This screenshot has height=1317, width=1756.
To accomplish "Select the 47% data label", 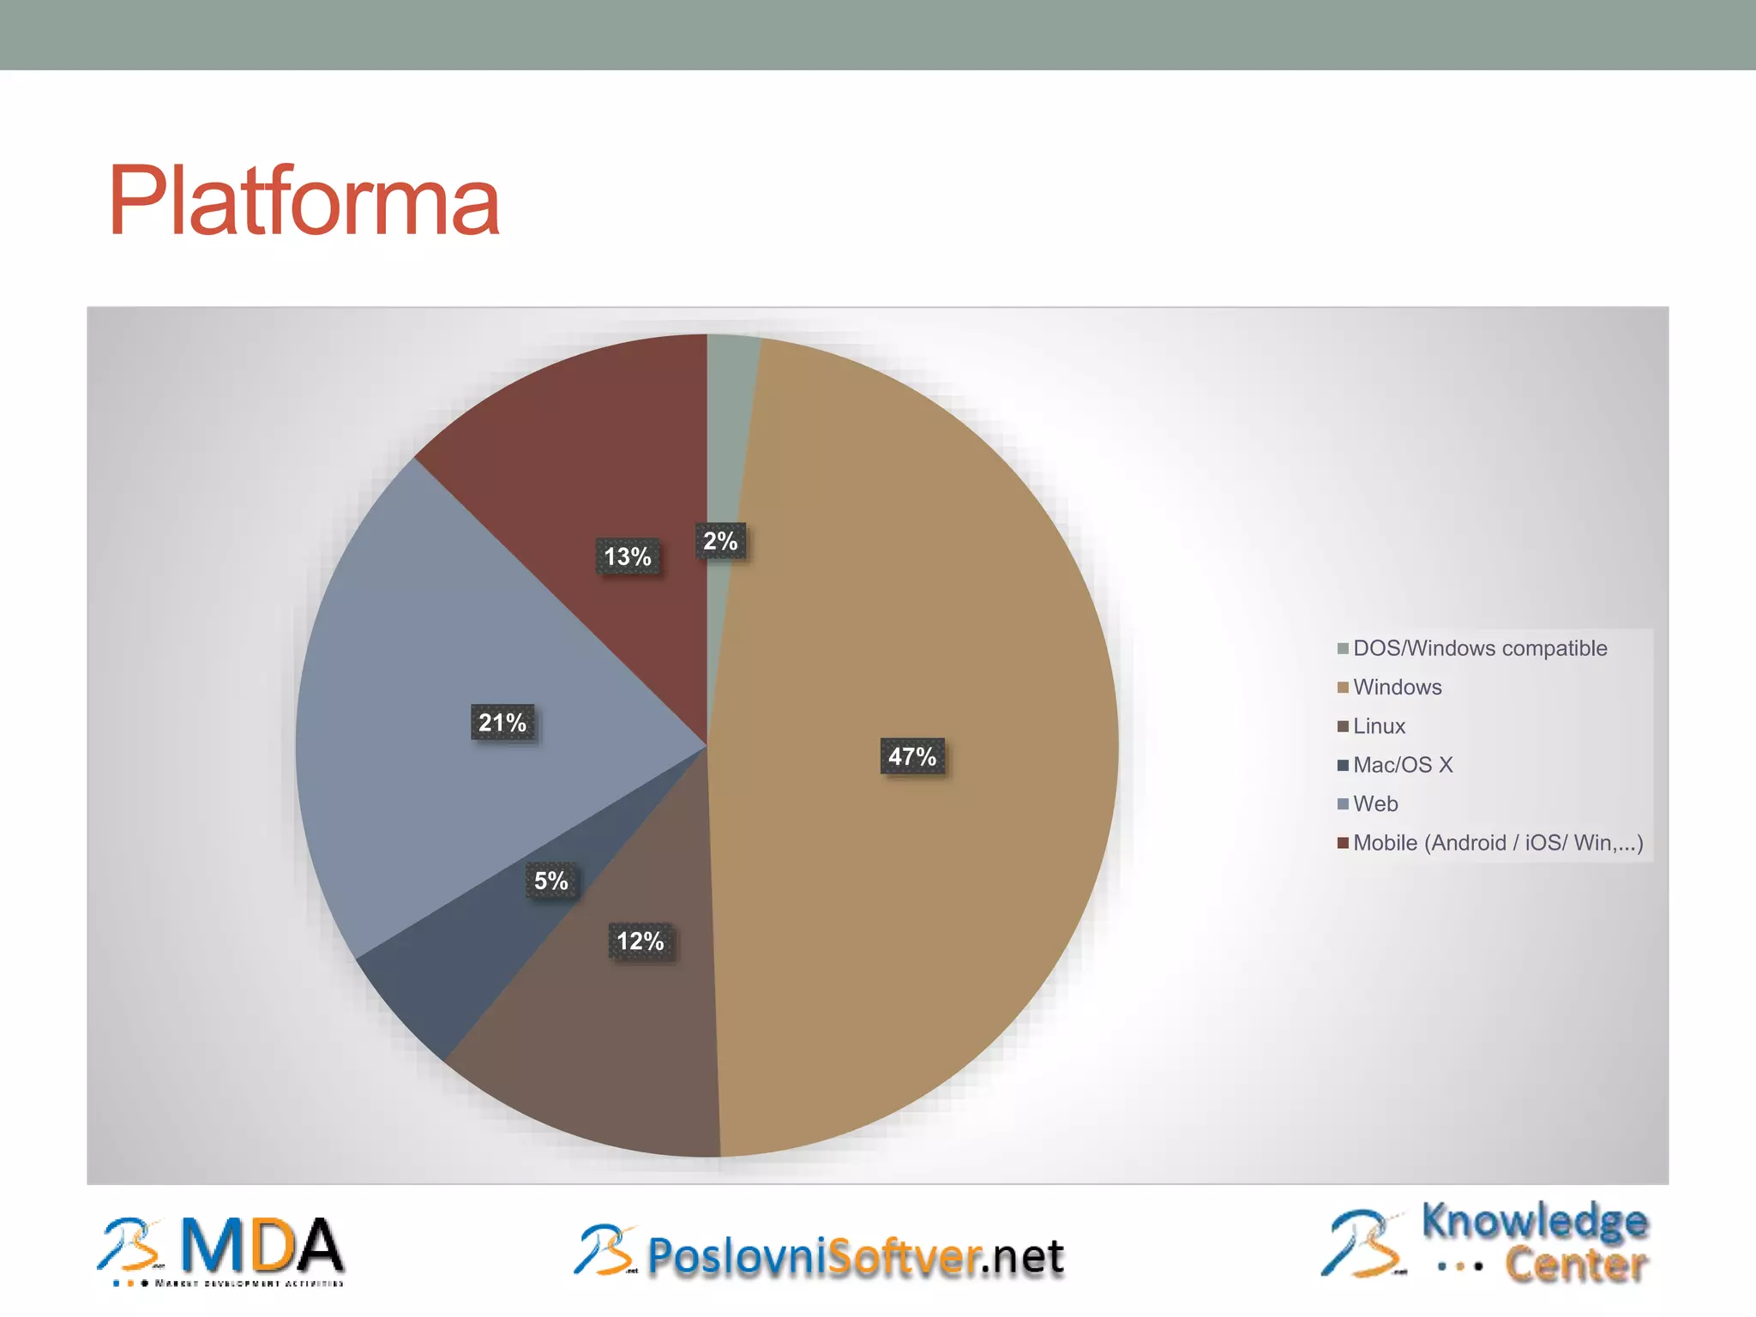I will point(912,756).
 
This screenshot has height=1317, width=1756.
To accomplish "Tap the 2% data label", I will point(720,541).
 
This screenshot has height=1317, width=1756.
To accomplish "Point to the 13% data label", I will point(628,556).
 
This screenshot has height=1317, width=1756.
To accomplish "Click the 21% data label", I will point(502,723).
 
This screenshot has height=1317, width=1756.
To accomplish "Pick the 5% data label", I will point(550,881).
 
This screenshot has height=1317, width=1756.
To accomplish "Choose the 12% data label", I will point(640,941).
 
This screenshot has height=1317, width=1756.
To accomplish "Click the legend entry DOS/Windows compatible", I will point(1479,648).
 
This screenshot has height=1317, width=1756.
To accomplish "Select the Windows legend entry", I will point(1397,687).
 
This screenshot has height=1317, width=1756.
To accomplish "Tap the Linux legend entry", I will point(1379,726).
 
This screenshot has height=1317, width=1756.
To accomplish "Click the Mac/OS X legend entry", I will point(1403,765).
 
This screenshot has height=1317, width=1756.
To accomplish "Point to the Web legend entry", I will point(1375,803).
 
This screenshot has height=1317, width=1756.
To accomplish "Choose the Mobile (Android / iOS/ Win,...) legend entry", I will point(1497,843).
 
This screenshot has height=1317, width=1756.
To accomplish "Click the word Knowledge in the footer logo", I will point(1535,1221).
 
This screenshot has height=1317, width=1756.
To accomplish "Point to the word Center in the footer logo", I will point(1576,1266).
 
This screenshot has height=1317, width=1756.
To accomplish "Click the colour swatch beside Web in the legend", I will point(1343,804).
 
